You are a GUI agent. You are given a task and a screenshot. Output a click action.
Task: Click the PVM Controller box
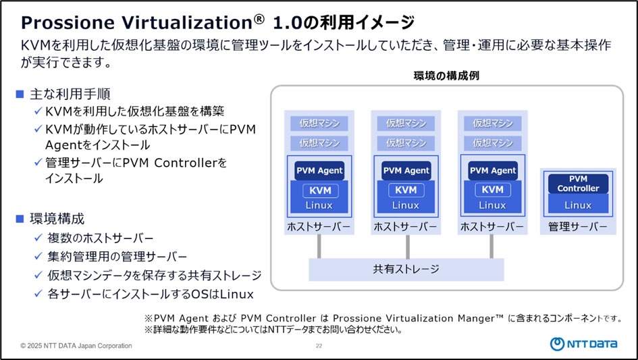(x=578, y=184)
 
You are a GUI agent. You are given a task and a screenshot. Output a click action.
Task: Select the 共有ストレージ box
(x=406, y=269)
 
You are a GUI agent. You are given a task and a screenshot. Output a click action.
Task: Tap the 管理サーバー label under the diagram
(x=578, y=226)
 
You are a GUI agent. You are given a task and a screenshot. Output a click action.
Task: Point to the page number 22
(x=319, y=346)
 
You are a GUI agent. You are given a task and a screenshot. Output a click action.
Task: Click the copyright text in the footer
(x=76, y=346)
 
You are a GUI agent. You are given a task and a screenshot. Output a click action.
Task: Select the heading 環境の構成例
(x=446, y=76)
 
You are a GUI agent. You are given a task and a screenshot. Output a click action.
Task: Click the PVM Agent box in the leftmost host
(x=319, y=171)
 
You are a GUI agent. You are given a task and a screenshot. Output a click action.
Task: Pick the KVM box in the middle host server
(x=406, y=190)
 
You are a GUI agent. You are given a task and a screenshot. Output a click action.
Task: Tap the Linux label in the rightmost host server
(x=492, y=205)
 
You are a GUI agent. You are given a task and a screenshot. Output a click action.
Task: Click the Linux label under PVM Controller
(x=578, y=205)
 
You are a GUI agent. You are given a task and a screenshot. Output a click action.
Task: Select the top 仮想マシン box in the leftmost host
(x=319, y=124)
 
